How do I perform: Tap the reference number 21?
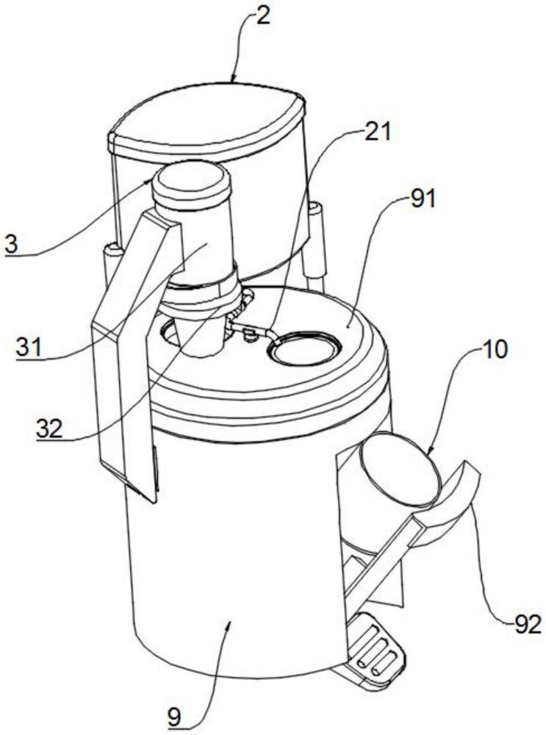tap(377, 132)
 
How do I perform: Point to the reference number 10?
tap(493, 351)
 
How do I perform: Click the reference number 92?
tap(527, 624)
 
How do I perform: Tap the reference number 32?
tap(50, 429)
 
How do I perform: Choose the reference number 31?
tap(29, 348)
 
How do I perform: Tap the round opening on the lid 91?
tap(304, 348)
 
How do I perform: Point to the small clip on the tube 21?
tap(249, 333)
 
